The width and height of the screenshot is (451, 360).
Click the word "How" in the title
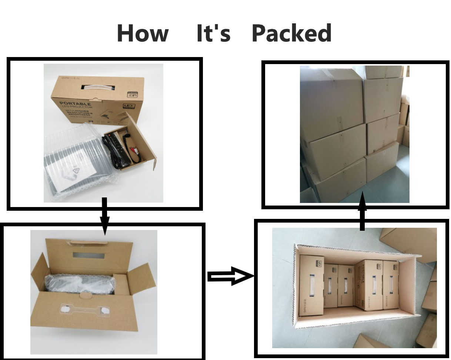pyautogui.click(x=143, y=33)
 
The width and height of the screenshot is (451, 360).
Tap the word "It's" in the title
pyautogui.click(x=213, y=33)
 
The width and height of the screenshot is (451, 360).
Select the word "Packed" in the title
pyautogui.click(x=291, y=33)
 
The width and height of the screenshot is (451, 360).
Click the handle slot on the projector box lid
pyautogui.click(x=98, y=88)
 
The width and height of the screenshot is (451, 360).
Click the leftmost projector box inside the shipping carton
pyautogui.click(x=311, y=285)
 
